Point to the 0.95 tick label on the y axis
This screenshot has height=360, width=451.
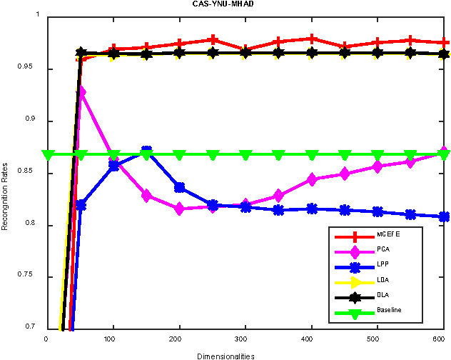(34, 69)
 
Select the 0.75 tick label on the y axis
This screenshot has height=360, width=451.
(34, 277)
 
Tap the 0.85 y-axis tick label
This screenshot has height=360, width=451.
(34, 174)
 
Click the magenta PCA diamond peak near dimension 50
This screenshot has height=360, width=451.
(81, 92)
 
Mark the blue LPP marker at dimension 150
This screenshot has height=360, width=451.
(146, 151)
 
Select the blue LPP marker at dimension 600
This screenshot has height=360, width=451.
(444, 216)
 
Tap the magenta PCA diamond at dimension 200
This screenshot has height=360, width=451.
(179, 209)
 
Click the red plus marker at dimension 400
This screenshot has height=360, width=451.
(312, 39)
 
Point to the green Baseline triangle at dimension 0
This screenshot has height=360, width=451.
(48, 155)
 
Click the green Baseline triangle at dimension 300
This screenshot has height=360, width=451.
(245, 155)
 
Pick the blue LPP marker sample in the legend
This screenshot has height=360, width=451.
(351, 265)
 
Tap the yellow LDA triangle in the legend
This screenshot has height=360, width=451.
(351, 280)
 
